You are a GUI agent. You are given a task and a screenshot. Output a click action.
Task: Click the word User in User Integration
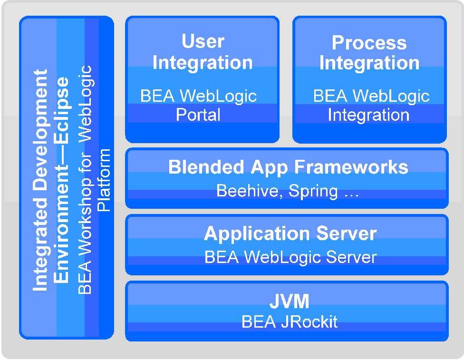pos(203,41)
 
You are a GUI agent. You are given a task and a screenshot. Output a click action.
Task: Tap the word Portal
pos(198,115)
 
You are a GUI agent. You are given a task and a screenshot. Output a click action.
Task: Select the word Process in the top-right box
pos(369,43)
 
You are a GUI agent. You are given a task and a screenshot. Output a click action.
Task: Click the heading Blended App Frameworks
pos(288,167)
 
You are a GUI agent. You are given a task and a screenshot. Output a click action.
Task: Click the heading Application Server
pos(290,234)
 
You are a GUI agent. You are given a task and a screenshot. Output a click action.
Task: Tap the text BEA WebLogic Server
pos(290,257)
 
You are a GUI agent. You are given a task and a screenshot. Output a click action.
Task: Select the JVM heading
pos(289,302)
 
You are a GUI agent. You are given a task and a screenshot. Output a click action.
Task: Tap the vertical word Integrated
pos(41,251)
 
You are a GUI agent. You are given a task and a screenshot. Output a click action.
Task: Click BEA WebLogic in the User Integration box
pos(198,96)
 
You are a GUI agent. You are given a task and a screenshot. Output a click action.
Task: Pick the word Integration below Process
pos(369,63)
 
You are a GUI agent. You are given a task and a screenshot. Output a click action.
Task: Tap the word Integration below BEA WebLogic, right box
pos(368,115)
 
